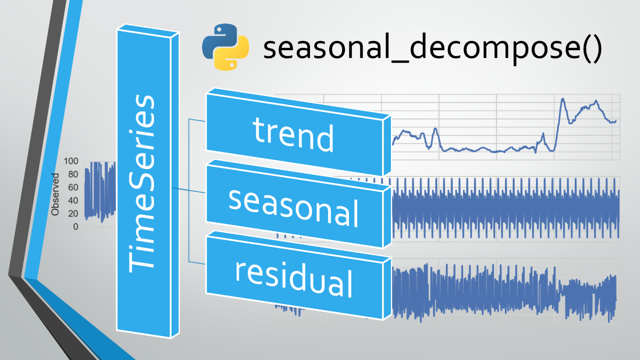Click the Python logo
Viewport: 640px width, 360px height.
225,47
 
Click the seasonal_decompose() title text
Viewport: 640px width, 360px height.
432,47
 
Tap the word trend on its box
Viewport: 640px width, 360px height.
293,134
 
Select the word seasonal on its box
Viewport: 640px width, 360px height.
293,207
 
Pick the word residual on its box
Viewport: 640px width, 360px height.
293,279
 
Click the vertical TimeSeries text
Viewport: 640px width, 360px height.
141,183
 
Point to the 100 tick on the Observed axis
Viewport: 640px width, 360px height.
71,161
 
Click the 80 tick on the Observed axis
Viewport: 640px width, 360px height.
73,174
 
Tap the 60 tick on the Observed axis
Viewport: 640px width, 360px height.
73,187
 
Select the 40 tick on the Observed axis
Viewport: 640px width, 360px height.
73,200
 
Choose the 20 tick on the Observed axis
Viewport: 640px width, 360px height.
73,213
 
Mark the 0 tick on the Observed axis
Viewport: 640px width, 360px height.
75,227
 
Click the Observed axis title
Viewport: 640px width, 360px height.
55,194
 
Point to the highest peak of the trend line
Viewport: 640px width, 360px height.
562,99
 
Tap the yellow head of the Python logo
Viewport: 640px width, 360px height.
232,56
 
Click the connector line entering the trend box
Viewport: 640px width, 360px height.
197,120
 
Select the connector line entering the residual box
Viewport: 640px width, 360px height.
197,262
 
